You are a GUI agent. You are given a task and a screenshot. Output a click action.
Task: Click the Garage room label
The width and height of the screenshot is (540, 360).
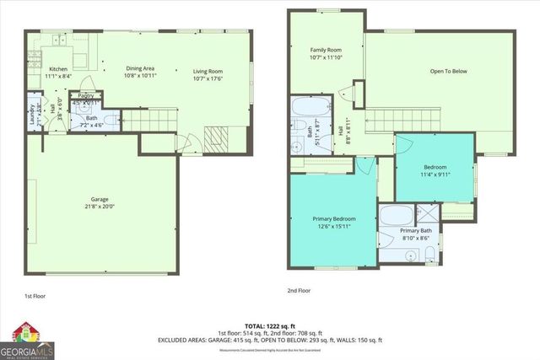[x=100, y=205]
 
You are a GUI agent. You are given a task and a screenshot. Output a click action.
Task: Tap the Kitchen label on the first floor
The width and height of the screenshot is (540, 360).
[x=58, y=73]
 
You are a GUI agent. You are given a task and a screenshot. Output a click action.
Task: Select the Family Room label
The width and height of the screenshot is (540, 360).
[x=325, y=54]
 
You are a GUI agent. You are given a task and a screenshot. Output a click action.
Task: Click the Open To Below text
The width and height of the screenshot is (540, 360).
[x=450, y=71]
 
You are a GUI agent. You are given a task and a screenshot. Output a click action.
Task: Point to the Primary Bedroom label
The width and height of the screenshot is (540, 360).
[x=333, y=222]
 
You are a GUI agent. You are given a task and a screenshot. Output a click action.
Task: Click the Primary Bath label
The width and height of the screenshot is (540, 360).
[x=415, y=234]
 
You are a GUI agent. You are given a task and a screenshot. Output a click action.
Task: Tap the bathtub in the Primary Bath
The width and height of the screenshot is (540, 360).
[x=396, y=214]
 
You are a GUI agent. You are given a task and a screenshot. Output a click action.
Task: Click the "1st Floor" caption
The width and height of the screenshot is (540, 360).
[x=35, y=297]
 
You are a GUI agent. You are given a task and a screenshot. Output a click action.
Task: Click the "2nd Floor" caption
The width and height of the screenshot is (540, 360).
[x=299, y=290]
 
